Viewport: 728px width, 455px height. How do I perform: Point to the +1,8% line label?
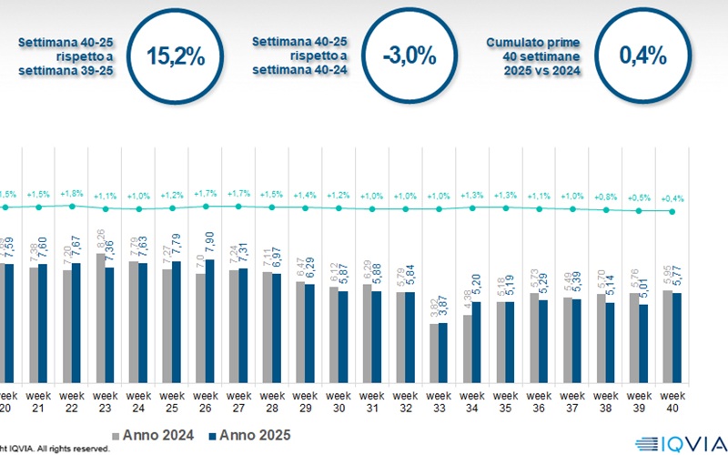click(72, 193)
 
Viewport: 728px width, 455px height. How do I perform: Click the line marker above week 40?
click(672, 211)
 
